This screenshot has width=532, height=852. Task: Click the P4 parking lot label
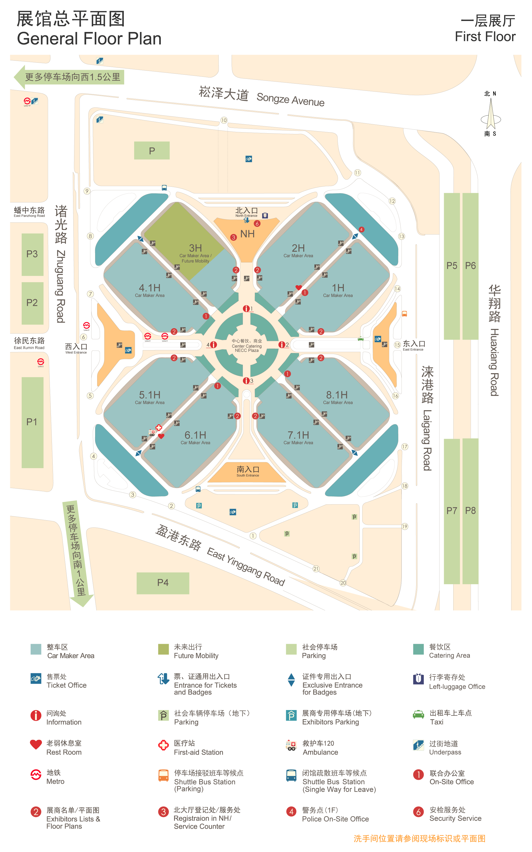(163, 583)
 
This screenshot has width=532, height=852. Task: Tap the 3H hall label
(195, 248)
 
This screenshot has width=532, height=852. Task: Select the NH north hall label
(247, 234)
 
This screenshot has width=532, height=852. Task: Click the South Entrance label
(248, 471)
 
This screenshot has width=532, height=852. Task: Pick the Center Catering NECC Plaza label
(247, 346)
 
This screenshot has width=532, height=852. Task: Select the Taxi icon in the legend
(418, 715)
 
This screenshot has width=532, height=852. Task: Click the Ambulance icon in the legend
(291, 745)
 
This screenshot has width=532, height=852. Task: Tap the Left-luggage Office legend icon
(418, 679)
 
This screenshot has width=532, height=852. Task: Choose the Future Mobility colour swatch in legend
(163, 649)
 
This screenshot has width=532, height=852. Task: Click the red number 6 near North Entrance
(257, 224)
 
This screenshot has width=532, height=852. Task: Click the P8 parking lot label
(470, 511)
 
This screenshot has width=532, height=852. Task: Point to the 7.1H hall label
(298, 435)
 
